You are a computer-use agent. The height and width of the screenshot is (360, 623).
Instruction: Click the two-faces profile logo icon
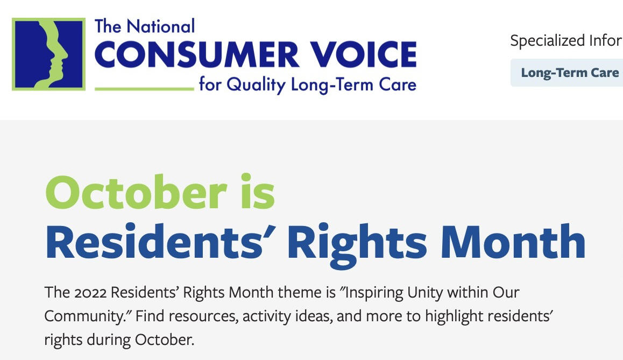48,54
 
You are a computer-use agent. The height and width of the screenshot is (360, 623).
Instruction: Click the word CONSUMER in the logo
197,55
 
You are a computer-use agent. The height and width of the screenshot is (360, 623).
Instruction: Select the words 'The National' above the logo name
145,26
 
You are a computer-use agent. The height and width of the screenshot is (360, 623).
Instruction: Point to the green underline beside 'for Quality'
144,89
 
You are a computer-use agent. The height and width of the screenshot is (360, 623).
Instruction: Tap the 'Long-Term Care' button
570,73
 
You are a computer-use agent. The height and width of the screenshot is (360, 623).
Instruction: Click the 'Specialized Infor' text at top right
566,40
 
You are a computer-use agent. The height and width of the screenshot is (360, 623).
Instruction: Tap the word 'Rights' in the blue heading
357,244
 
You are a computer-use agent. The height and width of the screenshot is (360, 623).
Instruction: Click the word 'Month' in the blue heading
513,241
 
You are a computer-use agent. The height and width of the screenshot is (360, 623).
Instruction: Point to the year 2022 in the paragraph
90,293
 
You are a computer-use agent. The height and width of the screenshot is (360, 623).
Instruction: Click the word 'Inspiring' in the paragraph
374,293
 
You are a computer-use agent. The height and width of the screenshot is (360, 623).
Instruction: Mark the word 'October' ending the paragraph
164,340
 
